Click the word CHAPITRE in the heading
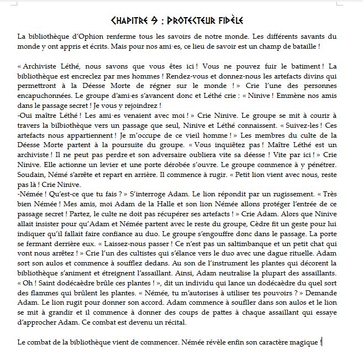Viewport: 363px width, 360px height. point(131,21)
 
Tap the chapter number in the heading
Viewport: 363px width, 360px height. point(157,21)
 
